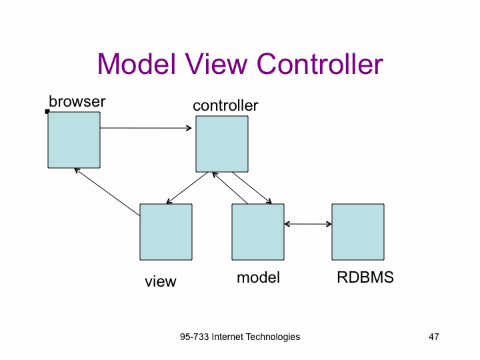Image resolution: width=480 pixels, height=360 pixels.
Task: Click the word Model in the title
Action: pyautogui.click(x=137, y=64)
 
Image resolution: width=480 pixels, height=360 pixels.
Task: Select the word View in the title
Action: pyautogui.click(x=216, y=64)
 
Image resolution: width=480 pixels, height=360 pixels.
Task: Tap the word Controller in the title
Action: pyautogui.click(x=320, y=64)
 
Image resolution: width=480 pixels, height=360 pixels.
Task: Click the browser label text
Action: pyautogui.click(x=77, y=101)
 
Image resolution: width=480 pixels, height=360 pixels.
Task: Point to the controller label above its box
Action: pyautogui.click(x=225, y=105)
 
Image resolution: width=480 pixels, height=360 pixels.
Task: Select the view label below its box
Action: pyautogui.click(x=161, y=281)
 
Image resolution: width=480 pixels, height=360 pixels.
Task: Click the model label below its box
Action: pyautogui.click(x=259, y=277)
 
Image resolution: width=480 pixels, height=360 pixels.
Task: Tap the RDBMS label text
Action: pyautogui.click(x=365, y=277)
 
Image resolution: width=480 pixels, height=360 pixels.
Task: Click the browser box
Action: pyautogui.click(x=74, y=140)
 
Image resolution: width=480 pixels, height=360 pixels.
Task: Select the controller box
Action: pyautogui.click(x=222, y=144)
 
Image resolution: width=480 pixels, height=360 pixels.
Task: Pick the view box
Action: pyautogui.click(x=166, y=232)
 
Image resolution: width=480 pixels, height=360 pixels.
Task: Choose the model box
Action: pyautogui.click(x=258, y=232)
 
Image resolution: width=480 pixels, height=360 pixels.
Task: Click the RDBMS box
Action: pyautogui.click(x=358, y=232)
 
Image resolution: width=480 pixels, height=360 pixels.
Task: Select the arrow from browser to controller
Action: pyautogui.click(x=146, y=128)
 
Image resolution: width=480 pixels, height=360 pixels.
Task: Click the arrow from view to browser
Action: pyautogui.click(x=107, y=192)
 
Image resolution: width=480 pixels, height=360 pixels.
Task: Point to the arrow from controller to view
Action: pyautogui.click(x=187, y=188)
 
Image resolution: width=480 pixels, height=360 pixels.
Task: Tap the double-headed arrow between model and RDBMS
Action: pyautogui.click(x=308, y=224)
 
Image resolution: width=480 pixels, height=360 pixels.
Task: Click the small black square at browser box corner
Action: pyautogui.click(x=47, y=111)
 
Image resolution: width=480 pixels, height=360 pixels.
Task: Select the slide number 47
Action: pyautogui.click(x=434, y=337)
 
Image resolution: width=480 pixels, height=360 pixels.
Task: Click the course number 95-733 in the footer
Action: pyautogui.click(x=195, y=337)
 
